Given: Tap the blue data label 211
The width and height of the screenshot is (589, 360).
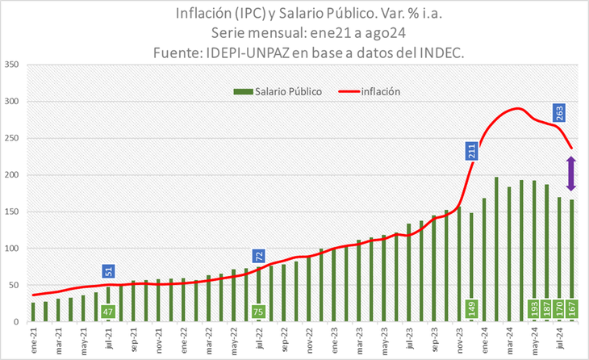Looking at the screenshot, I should [472, 151].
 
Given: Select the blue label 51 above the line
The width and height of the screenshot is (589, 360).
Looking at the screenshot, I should [108, 271].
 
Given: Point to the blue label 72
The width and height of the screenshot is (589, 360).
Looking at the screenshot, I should [259, 257].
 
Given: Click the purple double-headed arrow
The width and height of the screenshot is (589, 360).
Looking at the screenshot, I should [572, 173].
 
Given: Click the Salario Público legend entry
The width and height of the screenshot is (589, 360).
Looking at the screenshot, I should [278, 92].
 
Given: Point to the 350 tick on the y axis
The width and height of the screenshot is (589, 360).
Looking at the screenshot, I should [11, 65].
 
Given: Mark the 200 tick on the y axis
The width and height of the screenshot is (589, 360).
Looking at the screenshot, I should [11, 175].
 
